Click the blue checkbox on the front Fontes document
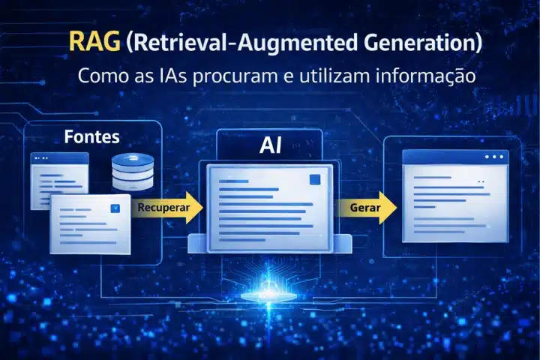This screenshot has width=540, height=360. click(x=115, y=209)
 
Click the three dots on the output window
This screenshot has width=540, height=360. click(x=494, y=157)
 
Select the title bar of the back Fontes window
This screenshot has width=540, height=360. click(x=59, y=158)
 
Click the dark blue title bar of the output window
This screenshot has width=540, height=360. click(x=450, y=157)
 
